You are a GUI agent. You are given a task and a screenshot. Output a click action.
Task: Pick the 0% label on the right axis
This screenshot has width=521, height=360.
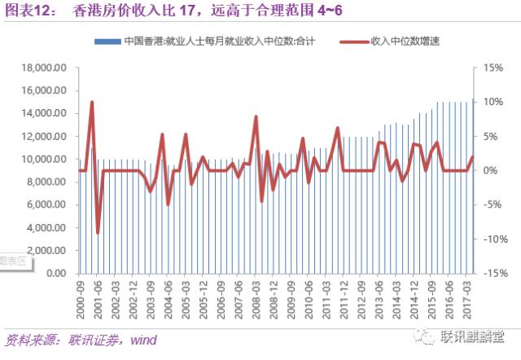click(490, 171)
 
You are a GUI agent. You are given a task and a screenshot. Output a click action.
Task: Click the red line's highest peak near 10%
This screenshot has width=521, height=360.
click(92, 103)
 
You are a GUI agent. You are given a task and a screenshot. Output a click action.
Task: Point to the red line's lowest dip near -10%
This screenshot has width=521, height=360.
click(98, 233)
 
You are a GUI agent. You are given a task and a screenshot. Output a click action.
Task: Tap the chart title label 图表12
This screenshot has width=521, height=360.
click(27, 11)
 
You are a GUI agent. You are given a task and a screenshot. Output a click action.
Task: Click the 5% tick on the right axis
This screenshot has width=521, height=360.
click(490, 137)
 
